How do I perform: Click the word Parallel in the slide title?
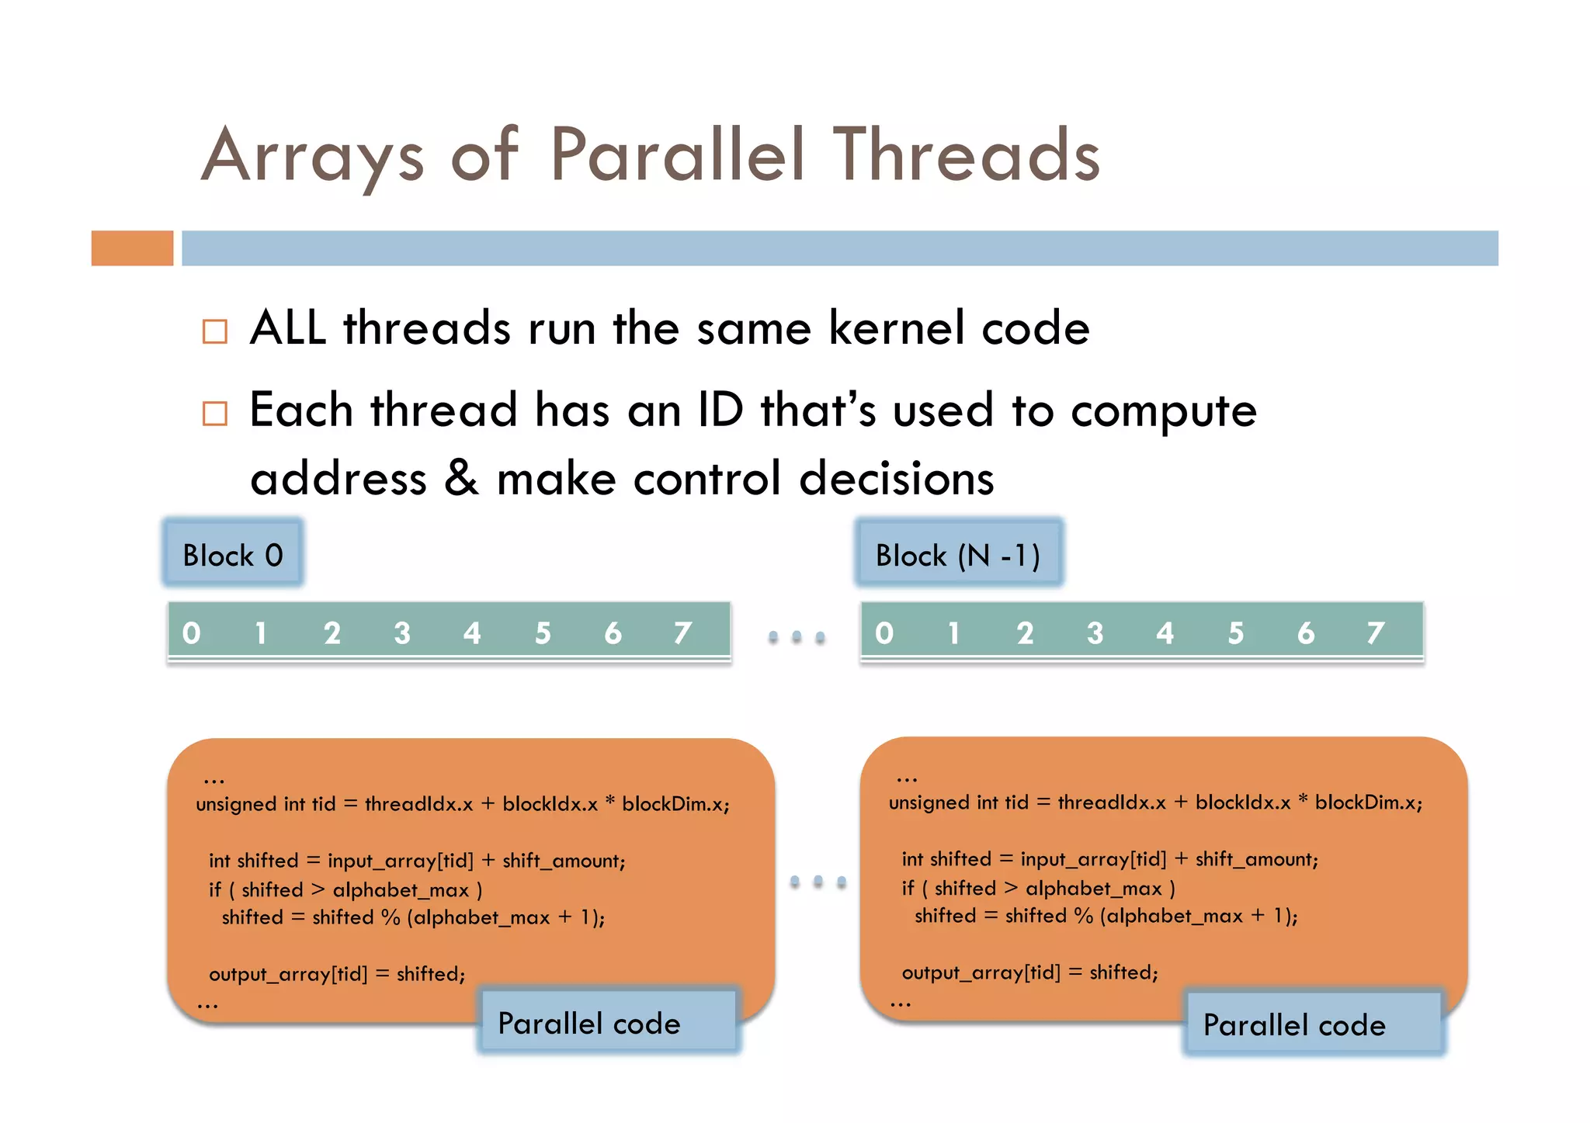[676, 156]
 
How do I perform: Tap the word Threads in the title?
[966, 156]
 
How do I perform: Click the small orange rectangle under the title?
[132, 248]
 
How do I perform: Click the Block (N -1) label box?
[958, 555]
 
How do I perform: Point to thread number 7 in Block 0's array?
[682, 633]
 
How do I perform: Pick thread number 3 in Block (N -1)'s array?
[1095, 633]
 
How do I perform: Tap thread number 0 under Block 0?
[191, 633]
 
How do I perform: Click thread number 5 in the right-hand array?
[1235, 633]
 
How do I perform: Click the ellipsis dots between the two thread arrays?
[796, 637]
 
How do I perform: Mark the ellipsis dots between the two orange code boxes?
[818, 882]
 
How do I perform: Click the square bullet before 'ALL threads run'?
[215, 331]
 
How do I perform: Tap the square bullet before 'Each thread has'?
[215, 413]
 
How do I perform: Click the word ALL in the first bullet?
[288, 328]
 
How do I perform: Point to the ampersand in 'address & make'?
[461, 478]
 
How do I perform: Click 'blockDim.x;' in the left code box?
[675, 804]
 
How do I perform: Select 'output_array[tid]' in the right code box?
[980, 972]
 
